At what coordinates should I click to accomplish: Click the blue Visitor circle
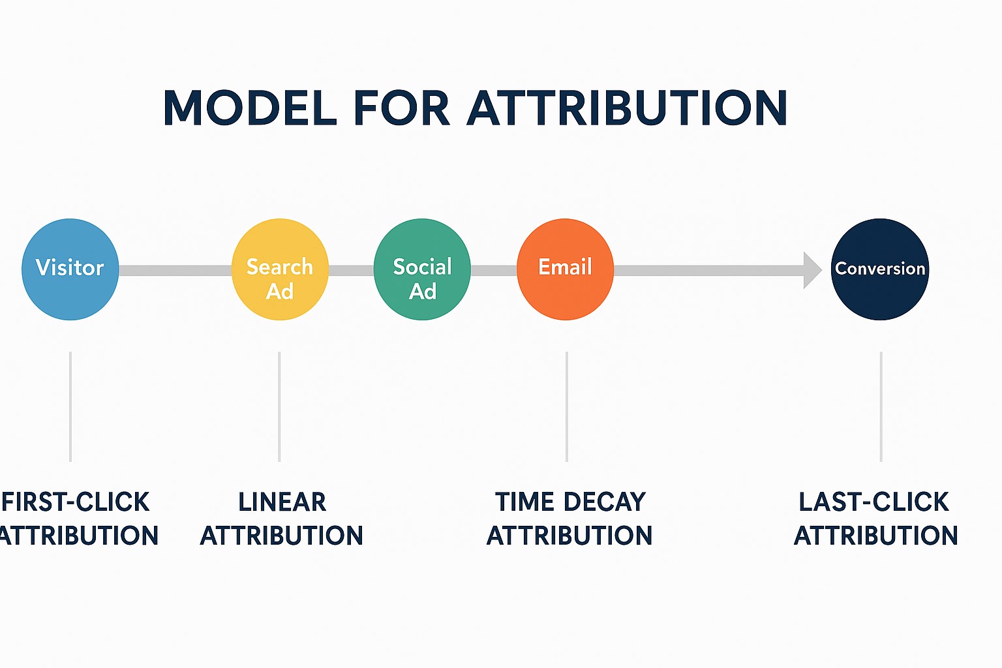coord(70,269)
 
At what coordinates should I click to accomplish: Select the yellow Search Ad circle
coord(280,269)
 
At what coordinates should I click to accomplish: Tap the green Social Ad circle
coord(422,269)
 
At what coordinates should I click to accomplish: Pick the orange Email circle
coord(565,269)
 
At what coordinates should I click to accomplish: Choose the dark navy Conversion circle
coord(880,269)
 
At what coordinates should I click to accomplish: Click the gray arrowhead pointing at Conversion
coord(812,270)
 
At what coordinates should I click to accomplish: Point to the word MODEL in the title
coord(250,108)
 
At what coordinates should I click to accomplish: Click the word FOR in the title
coord(402,108)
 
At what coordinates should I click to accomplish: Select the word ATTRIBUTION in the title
coord(627,108)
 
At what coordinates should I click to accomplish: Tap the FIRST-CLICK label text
coord(75,502)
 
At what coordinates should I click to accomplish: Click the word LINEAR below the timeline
coord(282,502)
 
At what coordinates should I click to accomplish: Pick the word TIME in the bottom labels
coord(526,502)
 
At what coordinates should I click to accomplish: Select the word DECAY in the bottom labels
coord(605,502)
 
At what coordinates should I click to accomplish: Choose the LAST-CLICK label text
coord(873,502)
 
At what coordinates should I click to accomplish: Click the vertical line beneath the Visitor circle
coord(70,406)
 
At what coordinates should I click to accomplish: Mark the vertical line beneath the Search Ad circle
coord(279,406)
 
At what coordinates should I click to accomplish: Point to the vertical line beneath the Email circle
coord(567,406)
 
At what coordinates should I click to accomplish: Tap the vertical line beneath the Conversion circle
coord(881,406)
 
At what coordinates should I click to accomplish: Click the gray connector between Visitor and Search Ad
coord(175,270)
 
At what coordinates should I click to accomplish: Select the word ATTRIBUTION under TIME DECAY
coord(569,536)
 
